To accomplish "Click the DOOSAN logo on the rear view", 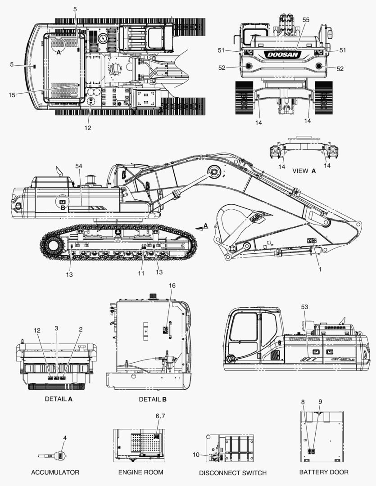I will pyautogui.click(x=283, y=54).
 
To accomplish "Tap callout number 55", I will pyautogui.click(x=306, y=20).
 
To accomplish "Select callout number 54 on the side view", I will pyautogui.click(x=79, y=166).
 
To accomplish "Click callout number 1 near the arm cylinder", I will pyautogui.click(x=320, y=270).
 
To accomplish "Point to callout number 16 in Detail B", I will pyautogui.click(x=171, y=286).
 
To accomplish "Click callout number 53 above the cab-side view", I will pyautogui.click(x=305, y=306).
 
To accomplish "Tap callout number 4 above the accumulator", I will pyautogui.click(x=65, y=437).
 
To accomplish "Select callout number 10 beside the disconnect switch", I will pyautogui.click(x=195, y=454).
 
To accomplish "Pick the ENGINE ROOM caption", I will pyautogui.click(x=140, y=472).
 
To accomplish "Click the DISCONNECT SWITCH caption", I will pyautogui.click(x=233, y=473).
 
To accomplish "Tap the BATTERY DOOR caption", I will pyautogui.click(x=324, y=472).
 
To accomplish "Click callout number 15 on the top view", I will pyautogui.click(x=12, y=94).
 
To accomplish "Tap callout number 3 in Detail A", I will pyautogui.click(x=56, y=328).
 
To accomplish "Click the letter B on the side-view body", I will pyautogui.click(x=63, y=208).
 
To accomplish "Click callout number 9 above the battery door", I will pyautogui.click(x=320, y=401).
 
